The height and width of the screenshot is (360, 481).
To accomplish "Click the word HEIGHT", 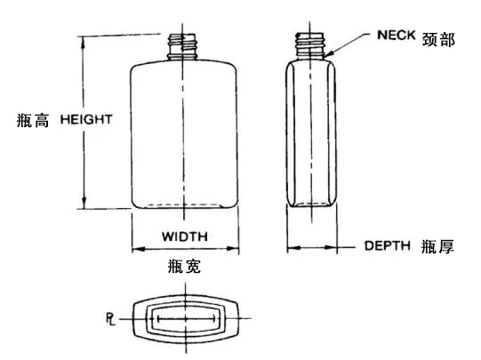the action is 86,119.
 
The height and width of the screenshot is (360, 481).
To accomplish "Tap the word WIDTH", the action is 185,236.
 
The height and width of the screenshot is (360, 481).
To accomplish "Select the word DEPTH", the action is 387,245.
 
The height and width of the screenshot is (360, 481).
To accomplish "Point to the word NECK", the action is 396,35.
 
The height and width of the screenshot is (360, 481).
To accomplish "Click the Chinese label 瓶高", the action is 33,120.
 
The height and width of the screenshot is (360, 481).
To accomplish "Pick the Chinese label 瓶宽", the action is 184,266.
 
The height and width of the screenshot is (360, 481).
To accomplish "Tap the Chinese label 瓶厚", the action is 437,246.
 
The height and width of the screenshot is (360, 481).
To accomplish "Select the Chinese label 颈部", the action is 438,39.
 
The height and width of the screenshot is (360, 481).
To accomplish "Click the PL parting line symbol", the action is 110,319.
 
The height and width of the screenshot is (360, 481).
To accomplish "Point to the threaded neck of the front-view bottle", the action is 182,46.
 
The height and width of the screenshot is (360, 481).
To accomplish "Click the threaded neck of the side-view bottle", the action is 309,46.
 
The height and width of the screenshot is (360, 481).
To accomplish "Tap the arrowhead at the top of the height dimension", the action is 83,42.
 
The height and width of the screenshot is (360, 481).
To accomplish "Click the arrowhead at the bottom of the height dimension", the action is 84,203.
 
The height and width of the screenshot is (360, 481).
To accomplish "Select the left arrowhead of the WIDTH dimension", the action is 139,249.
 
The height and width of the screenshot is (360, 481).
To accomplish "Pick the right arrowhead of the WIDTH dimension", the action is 232,248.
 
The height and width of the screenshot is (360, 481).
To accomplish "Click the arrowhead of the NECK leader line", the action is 328,54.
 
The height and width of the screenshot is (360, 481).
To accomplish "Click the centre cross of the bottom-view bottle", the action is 185,319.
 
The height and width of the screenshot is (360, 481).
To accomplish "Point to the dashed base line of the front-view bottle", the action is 184,204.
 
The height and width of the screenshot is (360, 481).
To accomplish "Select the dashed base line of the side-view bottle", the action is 311,204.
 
